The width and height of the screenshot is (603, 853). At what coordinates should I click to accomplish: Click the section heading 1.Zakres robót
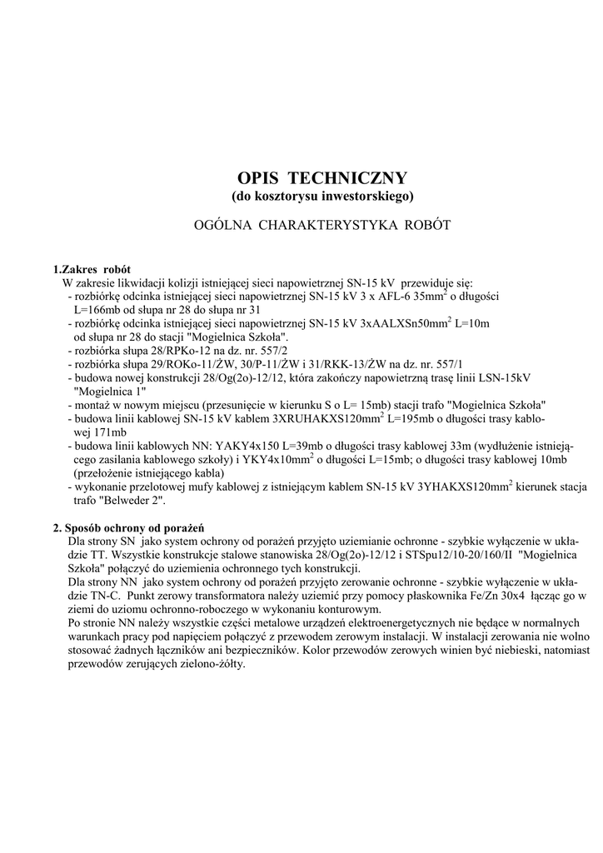tap(92, 270)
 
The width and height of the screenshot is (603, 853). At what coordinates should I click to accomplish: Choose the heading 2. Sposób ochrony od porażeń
tap(129, 527)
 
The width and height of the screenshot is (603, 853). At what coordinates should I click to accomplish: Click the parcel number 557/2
tap(276, 350)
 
